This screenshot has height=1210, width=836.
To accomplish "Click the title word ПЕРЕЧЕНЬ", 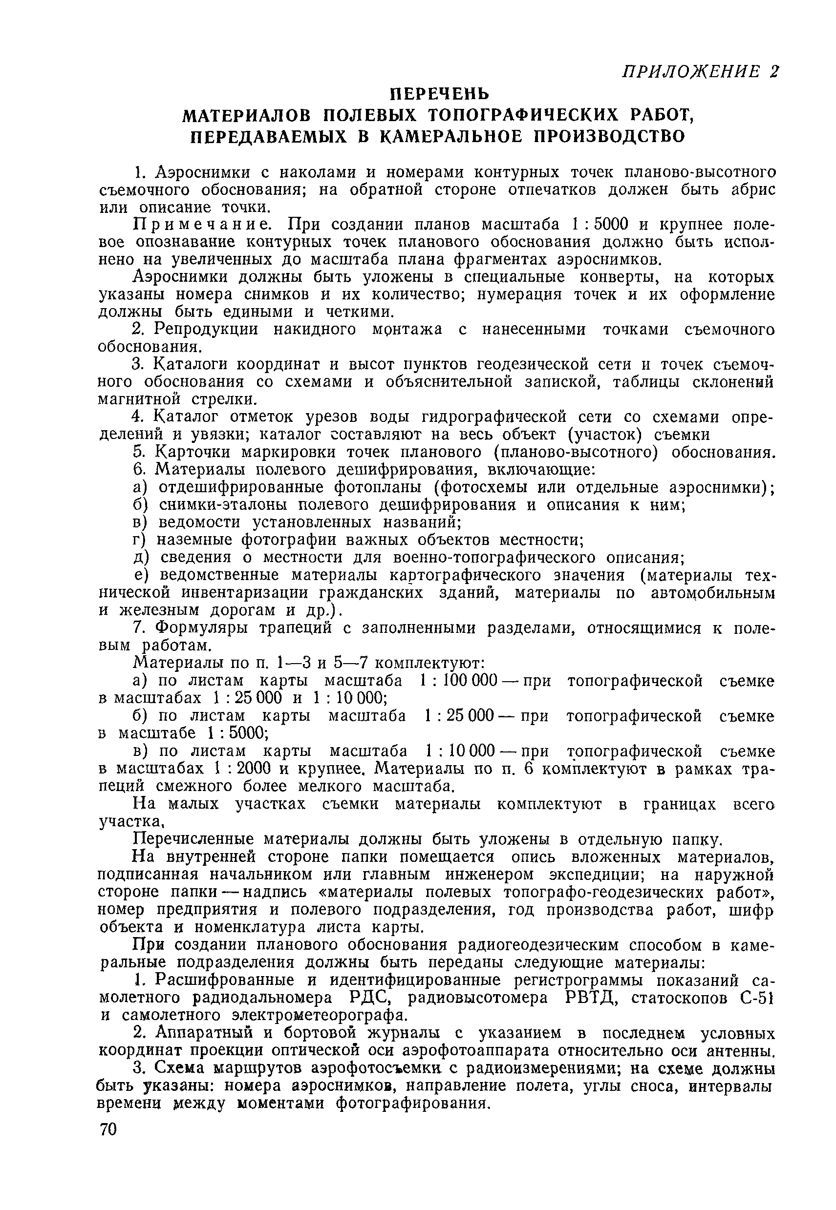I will pos(441,94).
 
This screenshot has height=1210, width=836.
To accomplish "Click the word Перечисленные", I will pos(192,839).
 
